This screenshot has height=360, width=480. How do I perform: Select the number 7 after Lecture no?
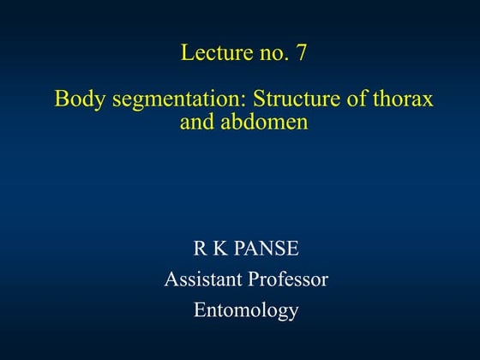300,53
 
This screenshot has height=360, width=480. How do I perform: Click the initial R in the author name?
200,249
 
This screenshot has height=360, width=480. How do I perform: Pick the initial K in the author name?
219,249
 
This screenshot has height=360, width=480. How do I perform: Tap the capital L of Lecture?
187,53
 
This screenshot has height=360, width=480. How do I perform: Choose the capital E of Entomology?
200,309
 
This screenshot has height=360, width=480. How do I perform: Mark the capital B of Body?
60,99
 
